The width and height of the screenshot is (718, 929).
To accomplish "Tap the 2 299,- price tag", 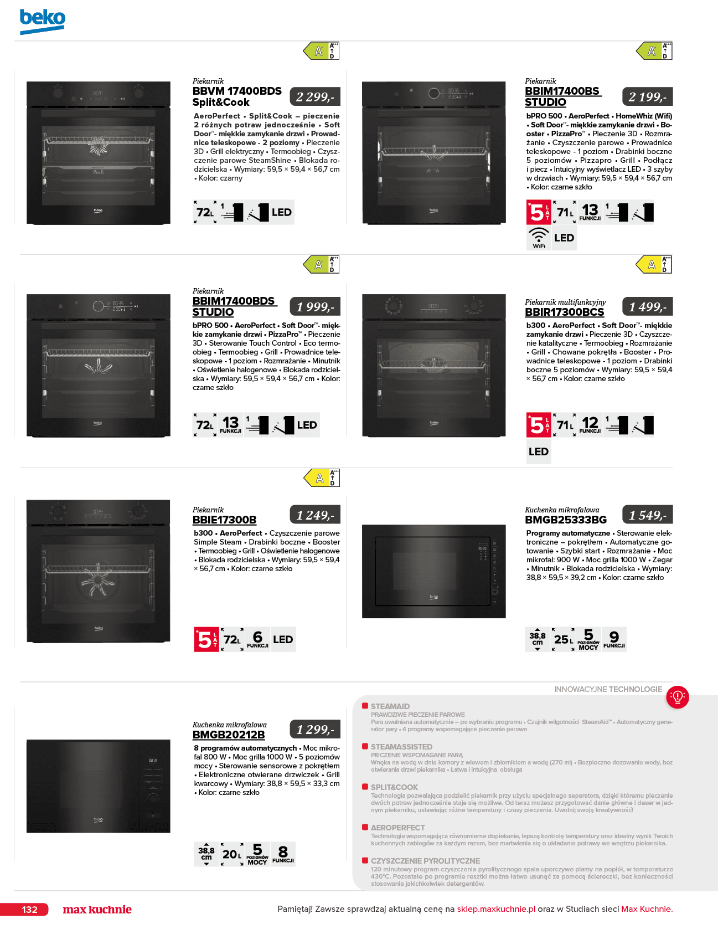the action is [315, 97].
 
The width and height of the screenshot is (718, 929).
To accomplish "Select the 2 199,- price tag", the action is [648, 97].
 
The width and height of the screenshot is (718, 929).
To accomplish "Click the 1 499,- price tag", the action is [648, 307].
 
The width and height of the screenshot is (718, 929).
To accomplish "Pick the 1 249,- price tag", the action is [315, 515].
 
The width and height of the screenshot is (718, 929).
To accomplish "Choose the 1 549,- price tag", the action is [648, 515].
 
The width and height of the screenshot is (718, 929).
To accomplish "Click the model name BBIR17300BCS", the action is [565, 312].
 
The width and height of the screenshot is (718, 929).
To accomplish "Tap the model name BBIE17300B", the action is [224, 520].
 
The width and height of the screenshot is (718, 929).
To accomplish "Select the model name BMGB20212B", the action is [229, 735].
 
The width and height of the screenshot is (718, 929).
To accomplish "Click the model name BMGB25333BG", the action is [566, 520].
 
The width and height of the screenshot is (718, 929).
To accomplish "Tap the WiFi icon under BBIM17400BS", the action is [539, 238].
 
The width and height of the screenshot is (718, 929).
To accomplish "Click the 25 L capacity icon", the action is [564, 639].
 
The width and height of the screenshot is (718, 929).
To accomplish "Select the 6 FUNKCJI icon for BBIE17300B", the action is [257, 639].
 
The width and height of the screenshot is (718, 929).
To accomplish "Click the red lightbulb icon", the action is [678, 696].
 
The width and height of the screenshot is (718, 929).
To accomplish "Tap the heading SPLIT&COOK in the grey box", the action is [394, 787].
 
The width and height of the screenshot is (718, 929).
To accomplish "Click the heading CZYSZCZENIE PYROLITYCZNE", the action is [425, 861].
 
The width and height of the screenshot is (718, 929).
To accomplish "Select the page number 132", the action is [29, 910].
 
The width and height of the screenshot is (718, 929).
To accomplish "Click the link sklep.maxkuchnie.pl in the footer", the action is [496, 909].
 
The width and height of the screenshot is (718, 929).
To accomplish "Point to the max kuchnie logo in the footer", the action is [97, 910].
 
